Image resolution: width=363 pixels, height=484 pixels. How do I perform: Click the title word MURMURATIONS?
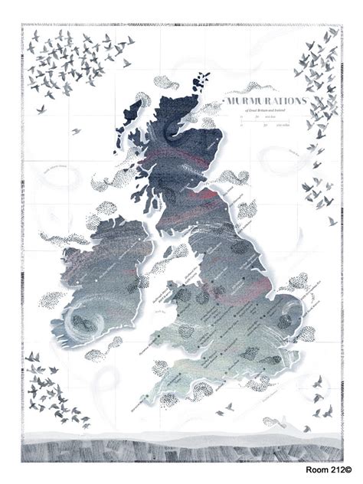263,100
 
